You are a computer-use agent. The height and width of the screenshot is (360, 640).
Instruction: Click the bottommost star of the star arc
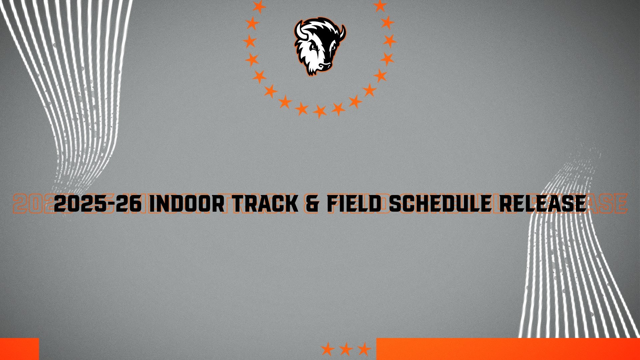pyautogui.click(x=320, y=111)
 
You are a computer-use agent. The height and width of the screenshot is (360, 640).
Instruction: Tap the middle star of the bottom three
pyautogui.click(x=346, y=349)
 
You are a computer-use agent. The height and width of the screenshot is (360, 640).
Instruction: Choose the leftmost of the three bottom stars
pyautogui.click(x=328, y=349)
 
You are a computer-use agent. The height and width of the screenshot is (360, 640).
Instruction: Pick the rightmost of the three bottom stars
pyautogui.click(x=364, y=349)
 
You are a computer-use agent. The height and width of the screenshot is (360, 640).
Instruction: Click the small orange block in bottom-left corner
pyautogui.click(x=19, y=349)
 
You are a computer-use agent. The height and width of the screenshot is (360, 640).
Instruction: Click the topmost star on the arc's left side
pyautogui.click(x=259, y=6)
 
